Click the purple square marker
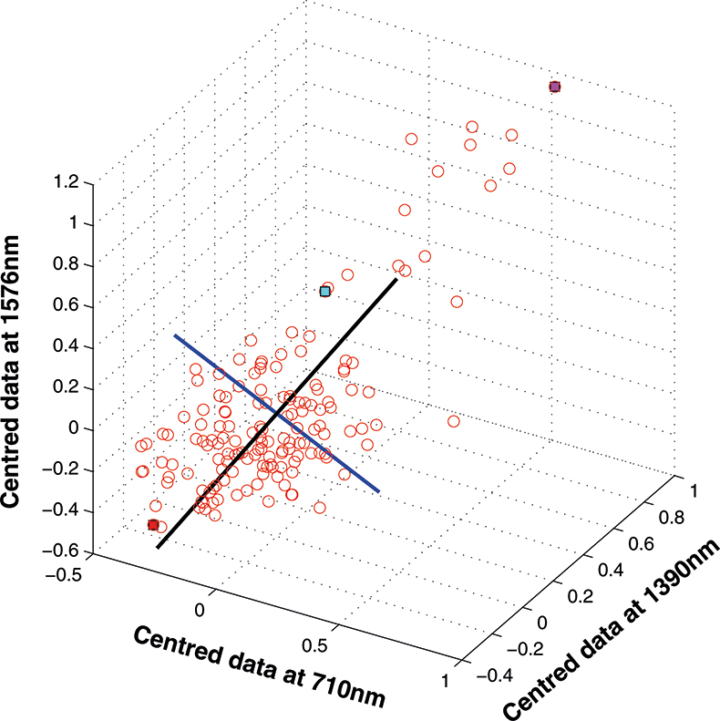pyautogui.click(x=555, y=87)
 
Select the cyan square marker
pyautogui.click(x=324, y=292)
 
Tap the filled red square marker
pyautogui.click(x=153, y=524)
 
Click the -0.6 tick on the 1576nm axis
pyautogui.click(x=65, y=551)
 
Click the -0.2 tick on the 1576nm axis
pyautogui.click(x=65, y=469)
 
